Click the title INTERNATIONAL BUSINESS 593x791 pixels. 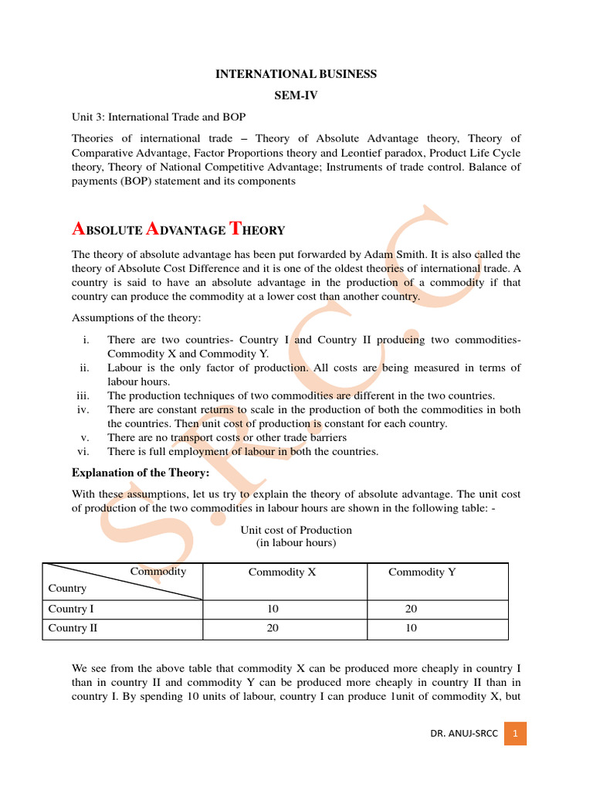point(296,74)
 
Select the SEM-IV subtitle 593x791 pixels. point(296,95)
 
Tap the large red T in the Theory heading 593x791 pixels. point(237,228)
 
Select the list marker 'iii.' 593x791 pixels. point(83,395)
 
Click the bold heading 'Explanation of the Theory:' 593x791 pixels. point(141,473)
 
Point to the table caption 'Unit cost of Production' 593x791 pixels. point(296,530)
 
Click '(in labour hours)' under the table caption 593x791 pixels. point(296,543)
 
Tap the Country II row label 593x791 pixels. point(73,629)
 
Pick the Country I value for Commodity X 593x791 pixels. point(273,609)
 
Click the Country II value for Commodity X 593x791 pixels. point(273,629)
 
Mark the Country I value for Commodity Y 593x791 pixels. point(411,609)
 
